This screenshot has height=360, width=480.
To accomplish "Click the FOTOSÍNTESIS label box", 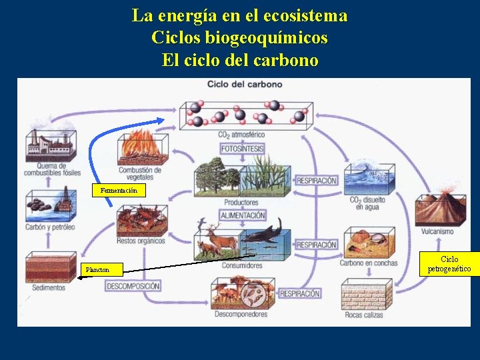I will (243, 149).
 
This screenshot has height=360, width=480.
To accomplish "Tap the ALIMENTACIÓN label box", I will (243, 215).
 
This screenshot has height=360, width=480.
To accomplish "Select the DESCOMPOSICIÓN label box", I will (133, 286).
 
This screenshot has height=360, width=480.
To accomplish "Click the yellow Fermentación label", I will (119, 191).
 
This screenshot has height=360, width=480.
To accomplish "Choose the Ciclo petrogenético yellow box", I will (449, 264).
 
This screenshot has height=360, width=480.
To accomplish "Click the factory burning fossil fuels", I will (49, 144).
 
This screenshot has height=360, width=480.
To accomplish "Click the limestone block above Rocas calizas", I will (364, 294).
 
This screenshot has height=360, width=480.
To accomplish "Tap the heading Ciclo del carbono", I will (245, 85).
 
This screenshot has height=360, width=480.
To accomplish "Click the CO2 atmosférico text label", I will (241, 135).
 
